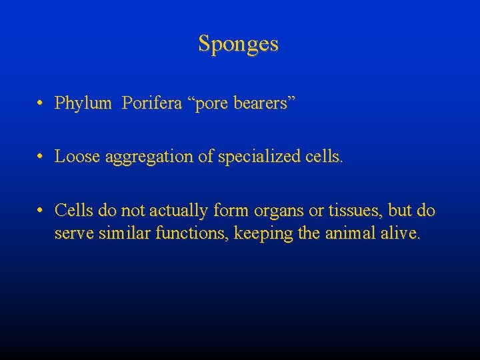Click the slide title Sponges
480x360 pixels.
pos(238,45)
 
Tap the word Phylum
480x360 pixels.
pos(83,103)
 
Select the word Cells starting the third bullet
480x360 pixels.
pos(75,211)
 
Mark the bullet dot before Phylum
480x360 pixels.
pos(41,104)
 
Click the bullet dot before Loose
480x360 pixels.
pos(41,157)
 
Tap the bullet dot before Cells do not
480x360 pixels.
pos(41,211)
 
